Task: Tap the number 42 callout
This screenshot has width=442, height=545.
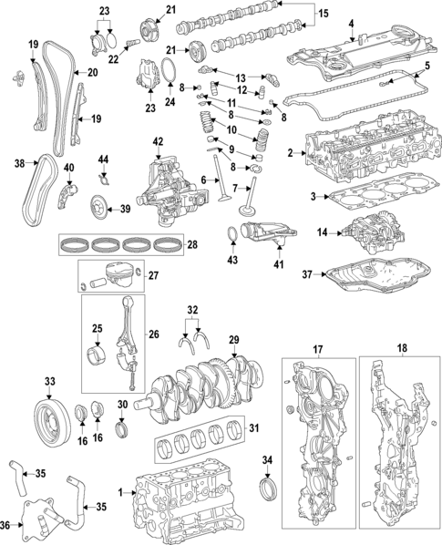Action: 158,141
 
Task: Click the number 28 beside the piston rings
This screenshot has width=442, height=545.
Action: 192,244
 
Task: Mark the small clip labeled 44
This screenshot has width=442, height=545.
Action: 104,173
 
